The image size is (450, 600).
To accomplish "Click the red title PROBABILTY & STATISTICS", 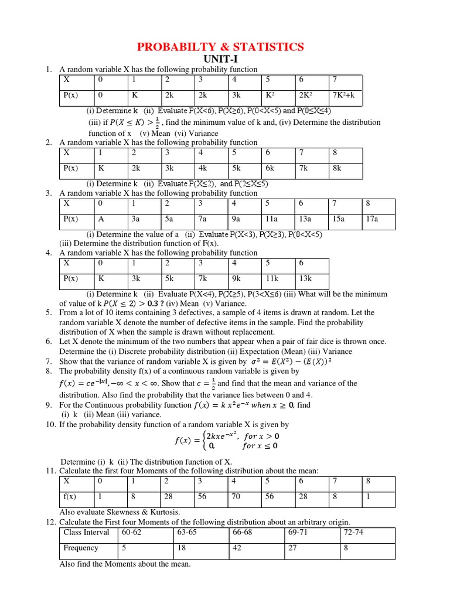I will (x=221, y=47).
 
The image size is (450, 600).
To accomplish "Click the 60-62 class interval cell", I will (x=131, y=532).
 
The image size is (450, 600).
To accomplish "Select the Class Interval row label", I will (x=87, y=532).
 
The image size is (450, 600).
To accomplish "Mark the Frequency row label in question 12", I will (x=81, y=548).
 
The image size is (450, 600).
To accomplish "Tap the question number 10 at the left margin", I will (x=50, y=424).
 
